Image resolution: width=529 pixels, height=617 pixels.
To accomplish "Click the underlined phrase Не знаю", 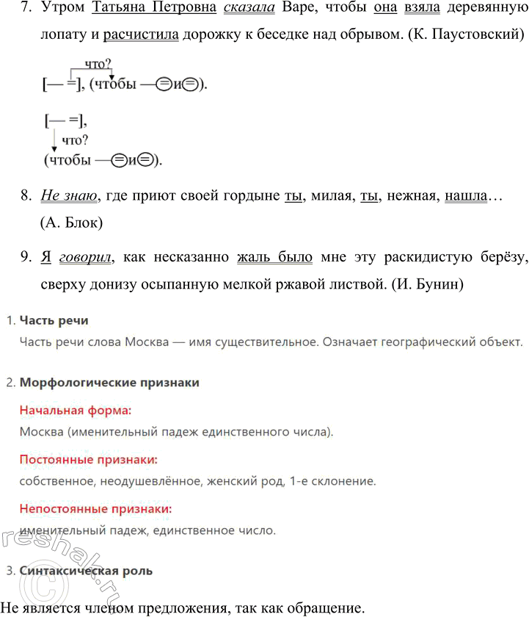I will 70,197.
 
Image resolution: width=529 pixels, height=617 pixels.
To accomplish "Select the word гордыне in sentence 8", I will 252,197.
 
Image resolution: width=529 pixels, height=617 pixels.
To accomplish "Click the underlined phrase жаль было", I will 275,257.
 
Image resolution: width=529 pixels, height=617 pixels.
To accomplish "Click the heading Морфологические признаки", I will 109,383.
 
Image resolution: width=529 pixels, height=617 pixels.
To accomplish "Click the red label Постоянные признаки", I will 88,459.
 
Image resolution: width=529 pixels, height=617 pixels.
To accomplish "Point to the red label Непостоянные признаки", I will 95,508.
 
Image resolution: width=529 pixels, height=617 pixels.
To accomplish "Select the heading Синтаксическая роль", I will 86,570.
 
